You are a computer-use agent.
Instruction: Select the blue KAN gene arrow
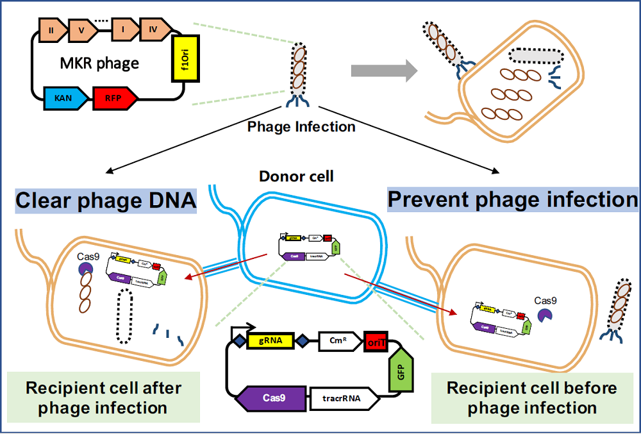(x=64, y=99)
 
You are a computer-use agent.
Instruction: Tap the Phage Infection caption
(x=301, y=127)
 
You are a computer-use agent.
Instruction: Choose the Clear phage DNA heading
(x=106, y=201)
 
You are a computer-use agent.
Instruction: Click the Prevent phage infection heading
(x=513, y=200)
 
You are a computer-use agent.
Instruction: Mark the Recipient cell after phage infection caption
(x=103, y=397)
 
